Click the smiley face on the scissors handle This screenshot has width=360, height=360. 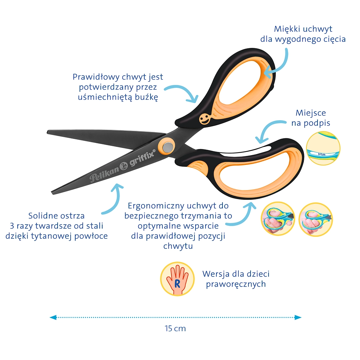click(x=204, y=119)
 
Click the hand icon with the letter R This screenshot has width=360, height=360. click(x=177, y=279)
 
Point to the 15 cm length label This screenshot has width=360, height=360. click(x=175, y=329)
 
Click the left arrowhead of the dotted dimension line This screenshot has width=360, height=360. click(x=53, y=318)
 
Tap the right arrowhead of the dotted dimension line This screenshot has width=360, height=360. click(x=298, y=318)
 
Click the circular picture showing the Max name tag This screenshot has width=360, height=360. click(x=323, y=148)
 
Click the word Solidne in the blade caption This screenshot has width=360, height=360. click(x=42, y=216)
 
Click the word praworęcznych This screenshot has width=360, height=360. click(x=236, y=284)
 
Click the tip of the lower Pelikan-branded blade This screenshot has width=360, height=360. click(x=52, y=192)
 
